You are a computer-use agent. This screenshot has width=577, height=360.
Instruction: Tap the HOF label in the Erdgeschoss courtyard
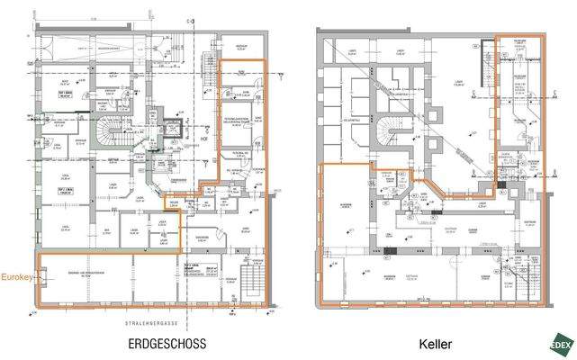[x=203, y=139]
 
